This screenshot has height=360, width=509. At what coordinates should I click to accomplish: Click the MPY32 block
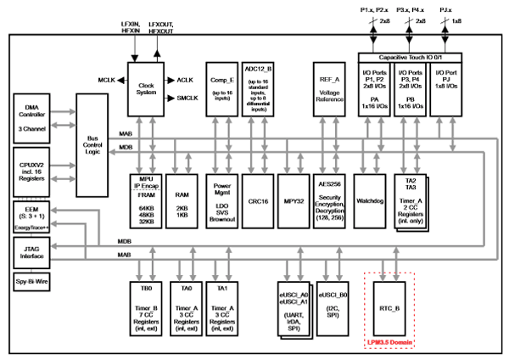tap(294, 202)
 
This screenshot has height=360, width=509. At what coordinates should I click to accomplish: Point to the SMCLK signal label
tap(188, 99)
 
